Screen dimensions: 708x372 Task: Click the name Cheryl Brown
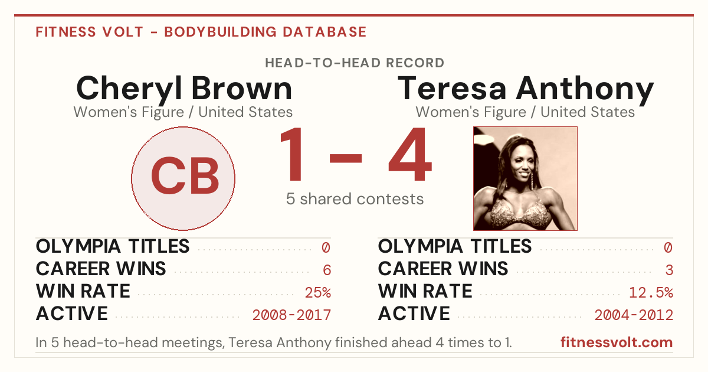(x=184, y=89)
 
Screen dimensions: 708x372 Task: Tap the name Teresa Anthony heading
(x=525, y=89)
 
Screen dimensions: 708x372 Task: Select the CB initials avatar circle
(x=183, y=178)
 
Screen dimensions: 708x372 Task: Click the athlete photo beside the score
(x=525, y=178)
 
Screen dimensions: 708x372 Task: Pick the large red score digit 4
(x=410, y=154)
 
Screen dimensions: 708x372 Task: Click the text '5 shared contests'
(x=355, y=199)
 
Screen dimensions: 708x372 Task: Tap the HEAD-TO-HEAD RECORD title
(x=355, y=63)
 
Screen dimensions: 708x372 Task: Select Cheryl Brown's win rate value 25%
(x=317, y=293)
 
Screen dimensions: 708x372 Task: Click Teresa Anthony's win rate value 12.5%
(x=651, y=293)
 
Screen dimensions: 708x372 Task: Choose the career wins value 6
(x=327, y=270)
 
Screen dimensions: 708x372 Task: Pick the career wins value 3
(x=669, y=270)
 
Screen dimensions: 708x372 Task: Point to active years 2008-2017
(x=291, y=315)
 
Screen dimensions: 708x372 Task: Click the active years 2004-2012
(x=634, y=315)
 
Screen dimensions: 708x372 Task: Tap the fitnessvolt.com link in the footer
(x=617, y=342)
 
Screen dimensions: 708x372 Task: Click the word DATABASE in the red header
(x=324, y=32)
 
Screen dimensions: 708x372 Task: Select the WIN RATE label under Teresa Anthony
(x=425, y=291)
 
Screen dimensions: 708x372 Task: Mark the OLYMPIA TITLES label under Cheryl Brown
(x=113, y=246)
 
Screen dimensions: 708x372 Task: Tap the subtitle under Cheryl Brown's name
(x=183, y=112)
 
